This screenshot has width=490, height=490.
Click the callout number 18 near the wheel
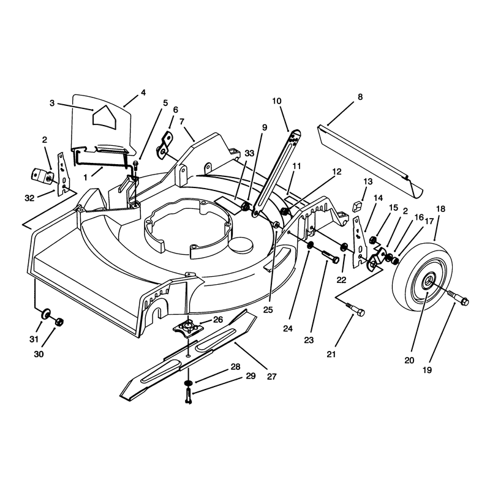click(x=440, y=209)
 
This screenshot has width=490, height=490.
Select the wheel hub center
click(x=428, y=279)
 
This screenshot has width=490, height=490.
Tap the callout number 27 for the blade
click(x=271, y=377)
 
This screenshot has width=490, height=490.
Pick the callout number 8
click(x=360, y=97)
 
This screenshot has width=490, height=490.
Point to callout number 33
click(x=249, y=153)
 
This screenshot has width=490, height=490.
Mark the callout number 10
click(x=277, y=101)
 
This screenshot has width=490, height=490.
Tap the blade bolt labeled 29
click(x=189, y=395)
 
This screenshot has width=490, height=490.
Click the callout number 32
click(x=29, y=198)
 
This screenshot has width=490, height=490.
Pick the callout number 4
click(x=143, y=93)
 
